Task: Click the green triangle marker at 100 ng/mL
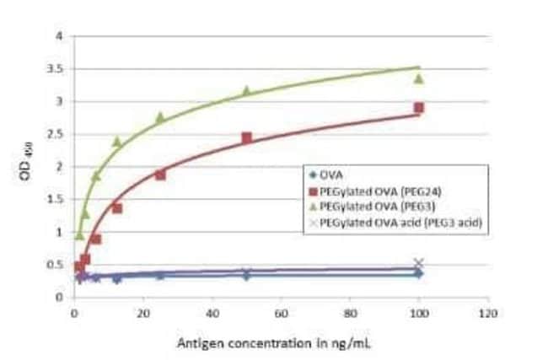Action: point(418,78)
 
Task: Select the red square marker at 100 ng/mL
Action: point(418,108)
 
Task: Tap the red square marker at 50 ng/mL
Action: point(246,137)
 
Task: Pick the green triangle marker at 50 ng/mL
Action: point(246,90)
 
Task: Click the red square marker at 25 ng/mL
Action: point(160,175)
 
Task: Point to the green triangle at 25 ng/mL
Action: point(160,117)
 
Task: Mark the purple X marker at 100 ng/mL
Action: point(418,263)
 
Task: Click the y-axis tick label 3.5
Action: point(56,68)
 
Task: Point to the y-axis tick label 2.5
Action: point(56,134)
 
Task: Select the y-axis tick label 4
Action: point(59,36)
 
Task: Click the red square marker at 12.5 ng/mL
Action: point(117,207)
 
